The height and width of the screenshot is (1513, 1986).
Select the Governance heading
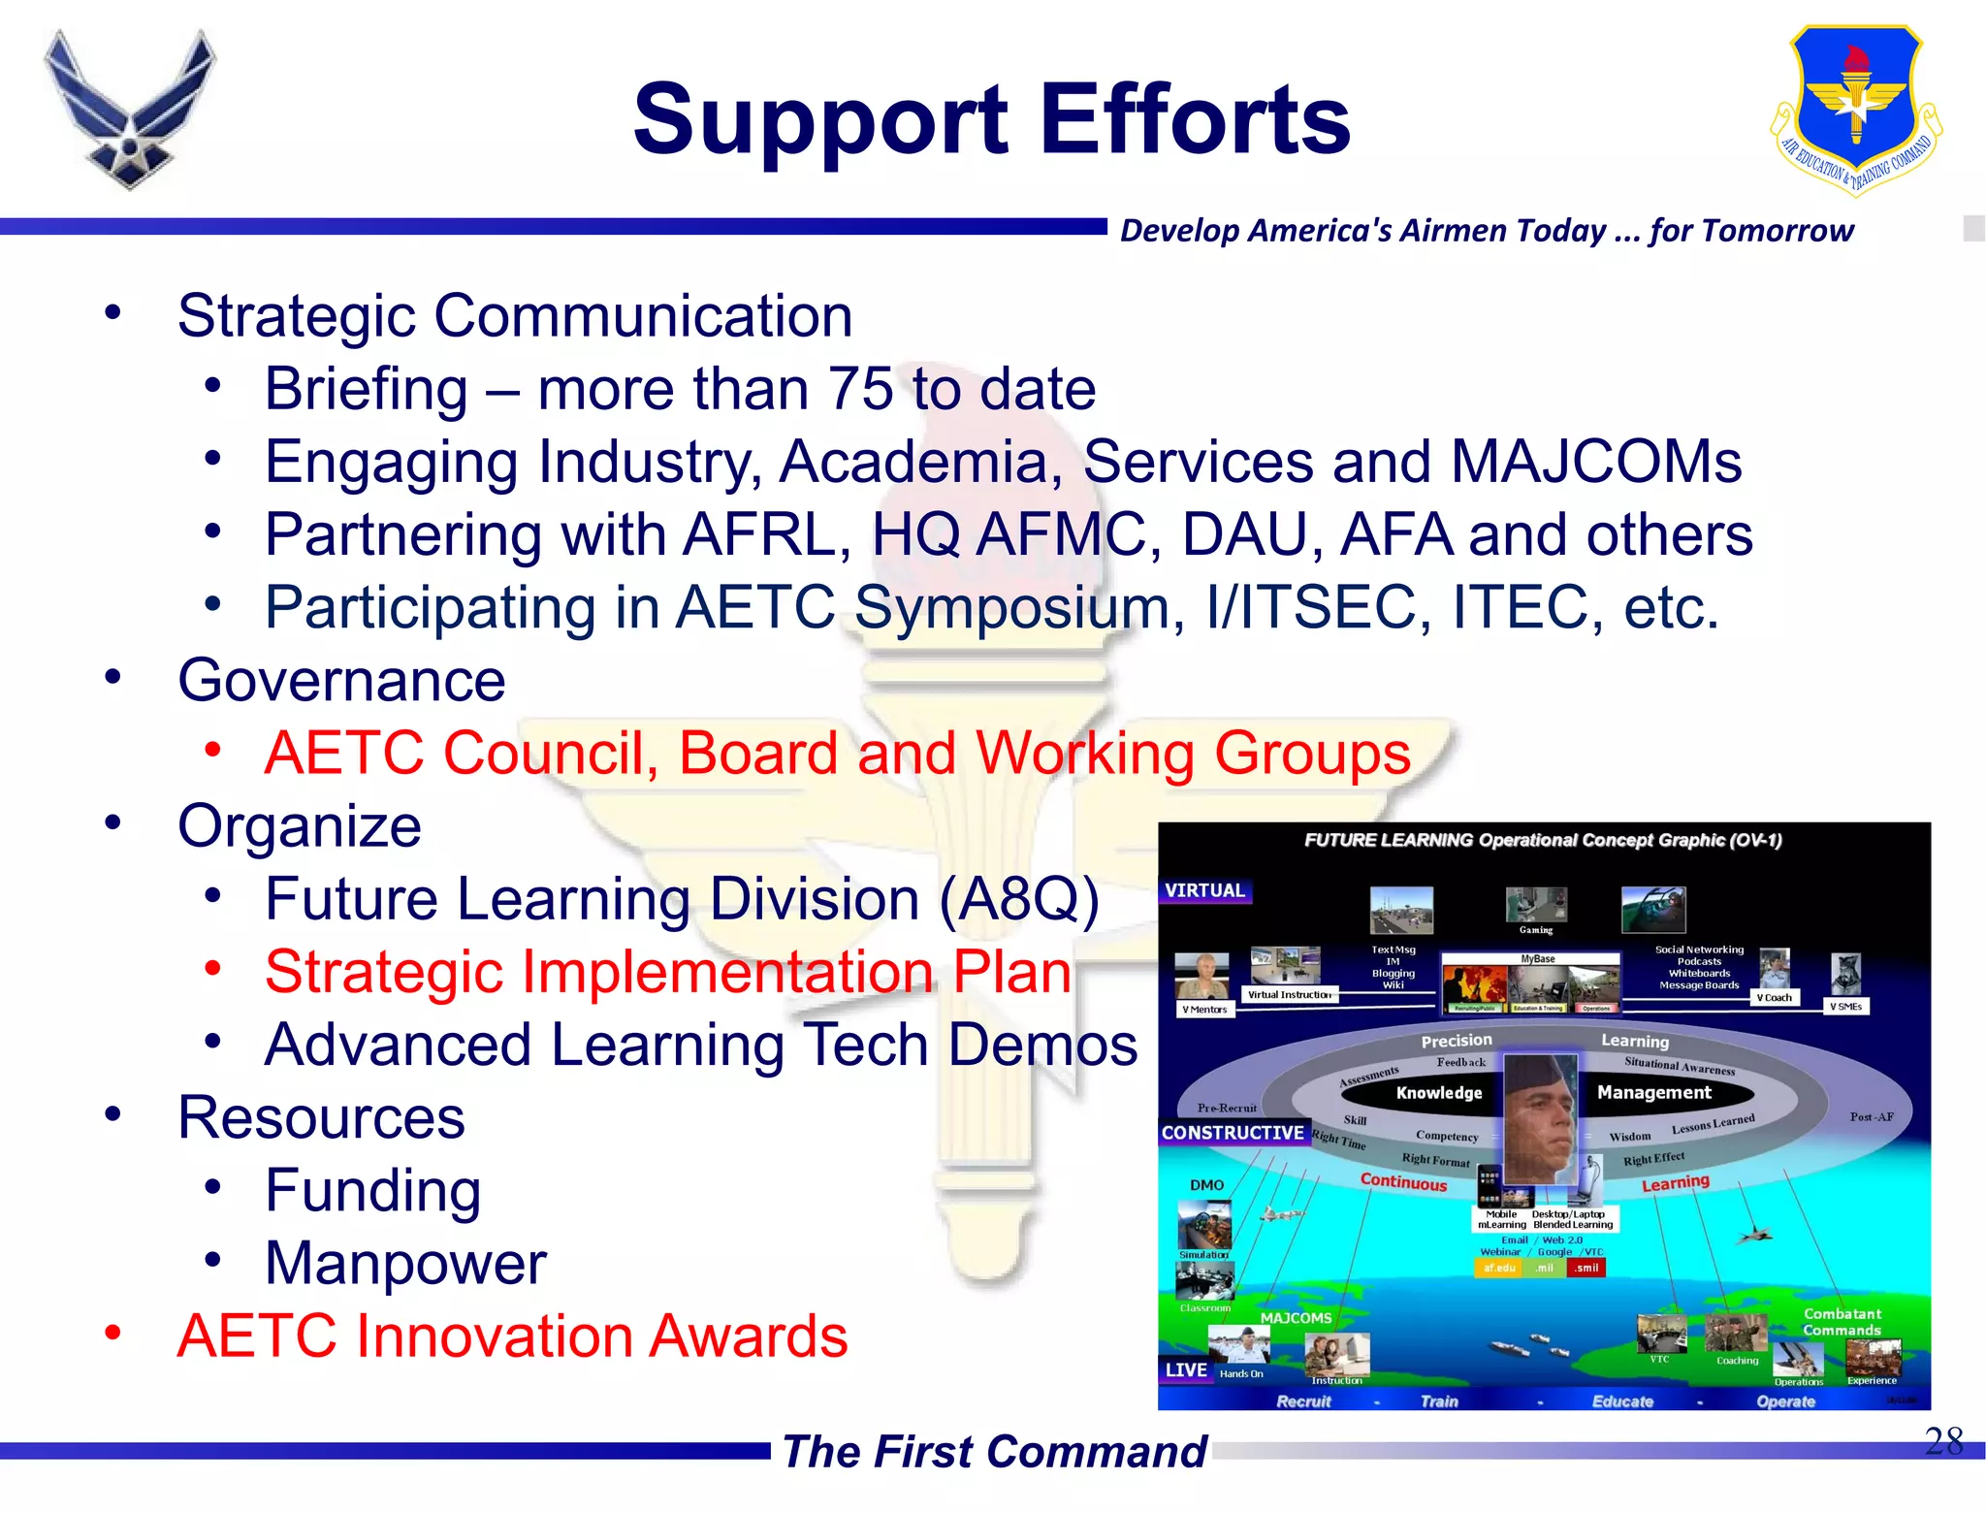[x=341, y=680]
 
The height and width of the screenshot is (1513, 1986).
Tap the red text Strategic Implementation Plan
[x=667, y=972]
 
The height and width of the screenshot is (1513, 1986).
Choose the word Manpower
[x=405, y=1263]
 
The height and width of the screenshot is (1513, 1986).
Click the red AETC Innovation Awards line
[x=512, y=1336]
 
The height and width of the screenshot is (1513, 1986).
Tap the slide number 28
[x=1942, y=1440]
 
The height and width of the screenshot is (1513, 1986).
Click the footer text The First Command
[x=994, y=1452]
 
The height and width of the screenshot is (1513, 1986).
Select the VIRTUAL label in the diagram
[x=1204, y=890]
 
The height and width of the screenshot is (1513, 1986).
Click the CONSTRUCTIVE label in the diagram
[x=1233, y=1133]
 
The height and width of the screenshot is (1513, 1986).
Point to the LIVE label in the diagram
[x=1186, y=1369]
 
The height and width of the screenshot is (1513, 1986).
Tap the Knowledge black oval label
[x=1439, y=1093]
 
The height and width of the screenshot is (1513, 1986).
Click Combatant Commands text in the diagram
[x=1842, y=1322]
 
